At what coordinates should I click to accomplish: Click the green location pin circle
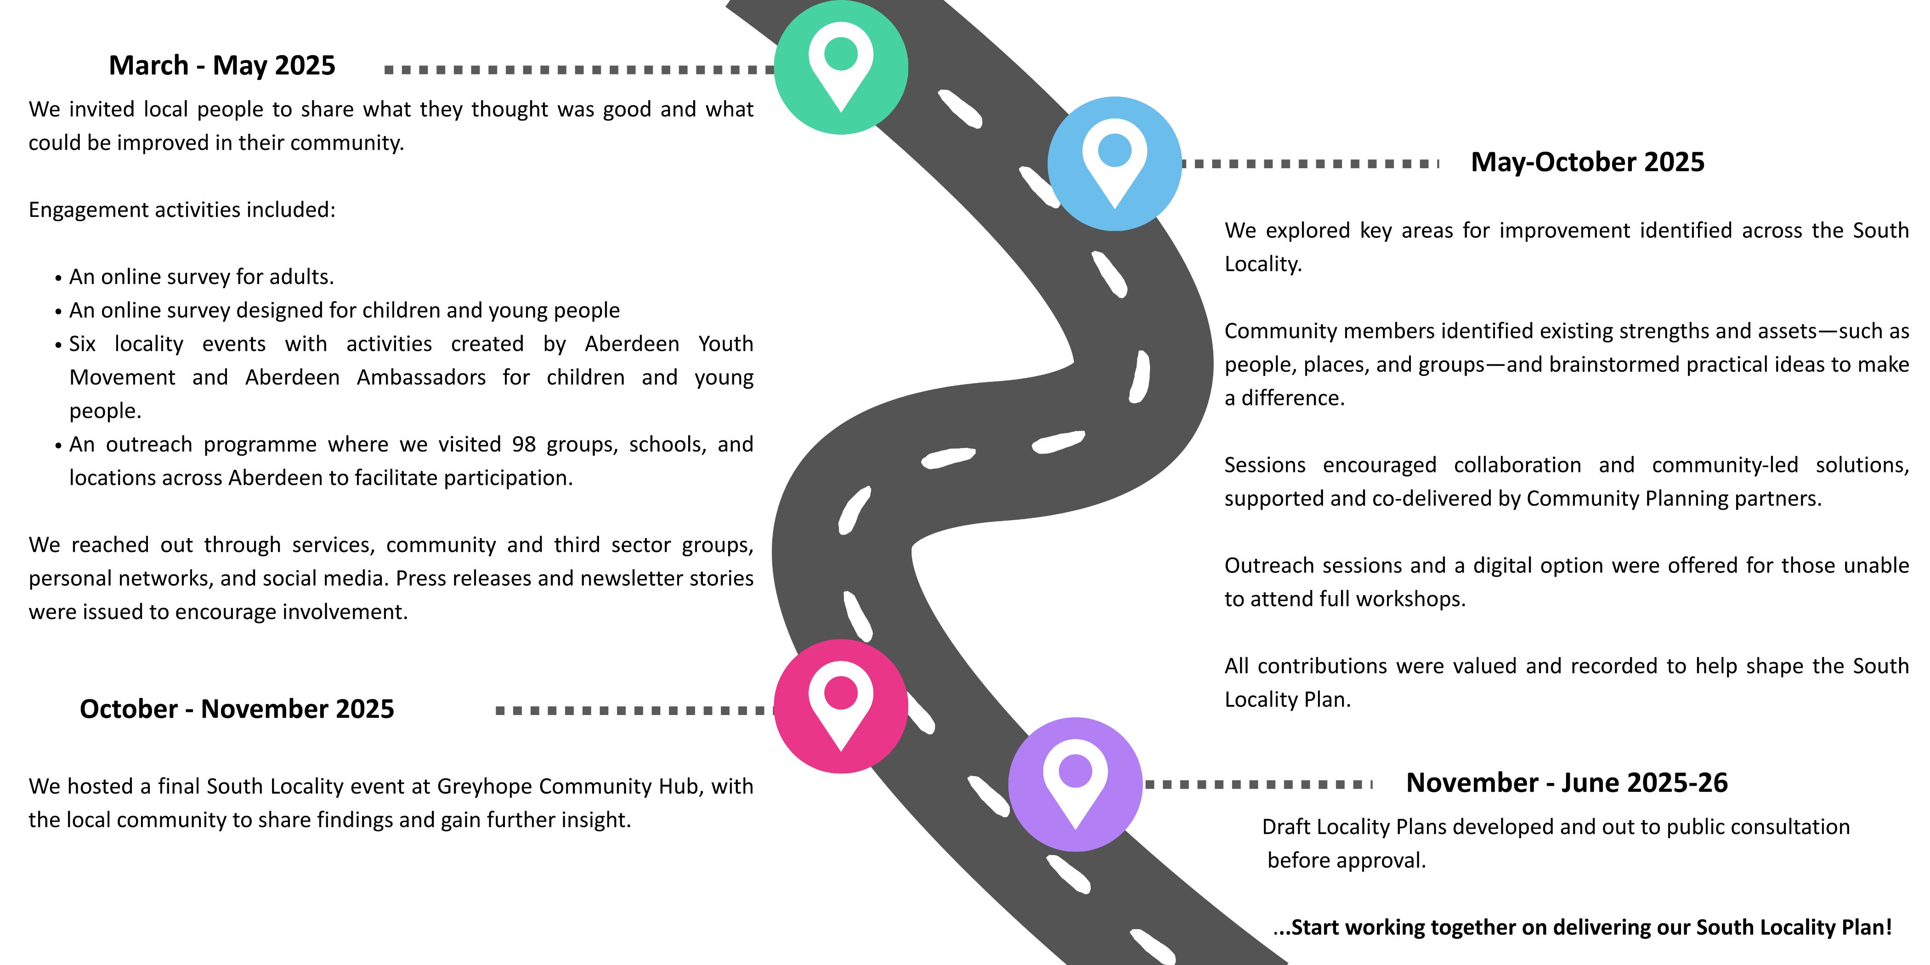click(x=841, y=68)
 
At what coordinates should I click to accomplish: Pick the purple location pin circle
click(x=1075, y=784)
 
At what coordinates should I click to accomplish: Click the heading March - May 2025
click(x=222, y=65)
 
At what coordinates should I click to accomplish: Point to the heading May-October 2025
click(x=1588, y=162)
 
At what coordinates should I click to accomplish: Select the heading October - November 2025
click(x=237, y=709)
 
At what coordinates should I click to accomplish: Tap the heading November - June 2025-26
click(x=1567, y=783)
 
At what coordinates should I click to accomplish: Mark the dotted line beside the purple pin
click(x=1259, y=784)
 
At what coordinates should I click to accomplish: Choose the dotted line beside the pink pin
click(x=634, y=710)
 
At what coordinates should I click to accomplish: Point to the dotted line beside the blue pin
click(x=1310, y=163)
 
